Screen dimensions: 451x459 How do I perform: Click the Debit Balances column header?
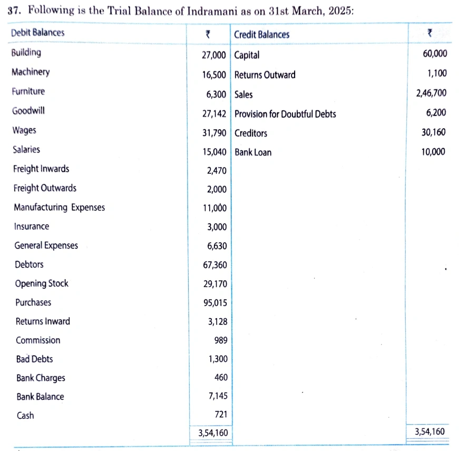pyautogui.click(x=37, y=33)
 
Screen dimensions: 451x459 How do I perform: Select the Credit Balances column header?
pyautogui.click(x=262, y=35)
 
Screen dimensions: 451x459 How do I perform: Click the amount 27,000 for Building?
pyautogui.click(x=214, y=55)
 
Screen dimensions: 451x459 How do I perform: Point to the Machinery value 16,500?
pyautogui.click(x=214, y=75)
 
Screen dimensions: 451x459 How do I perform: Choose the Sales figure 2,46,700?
pyautogui.click(x=431, y=93)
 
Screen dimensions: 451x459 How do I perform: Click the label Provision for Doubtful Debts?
pyautogui.click(x=285, y=114)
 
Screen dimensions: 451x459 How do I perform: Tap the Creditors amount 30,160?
pyautogui.click(x=434, y=132)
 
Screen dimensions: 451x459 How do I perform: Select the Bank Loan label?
pyautogui.click(x=253, y=152)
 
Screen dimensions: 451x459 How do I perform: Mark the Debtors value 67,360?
pyautogui.click(x=215, y=265)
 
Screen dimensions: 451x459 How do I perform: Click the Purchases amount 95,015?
pyautogui.click(x=215, y=303)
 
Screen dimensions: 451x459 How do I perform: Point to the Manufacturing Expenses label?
pyautogui.click(x=60, y=207)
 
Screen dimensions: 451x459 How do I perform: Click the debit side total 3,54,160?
pyautogui.click(x=212, y=432)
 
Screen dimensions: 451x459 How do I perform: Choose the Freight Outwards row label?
pyautogui.click(x=45, y=188)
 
